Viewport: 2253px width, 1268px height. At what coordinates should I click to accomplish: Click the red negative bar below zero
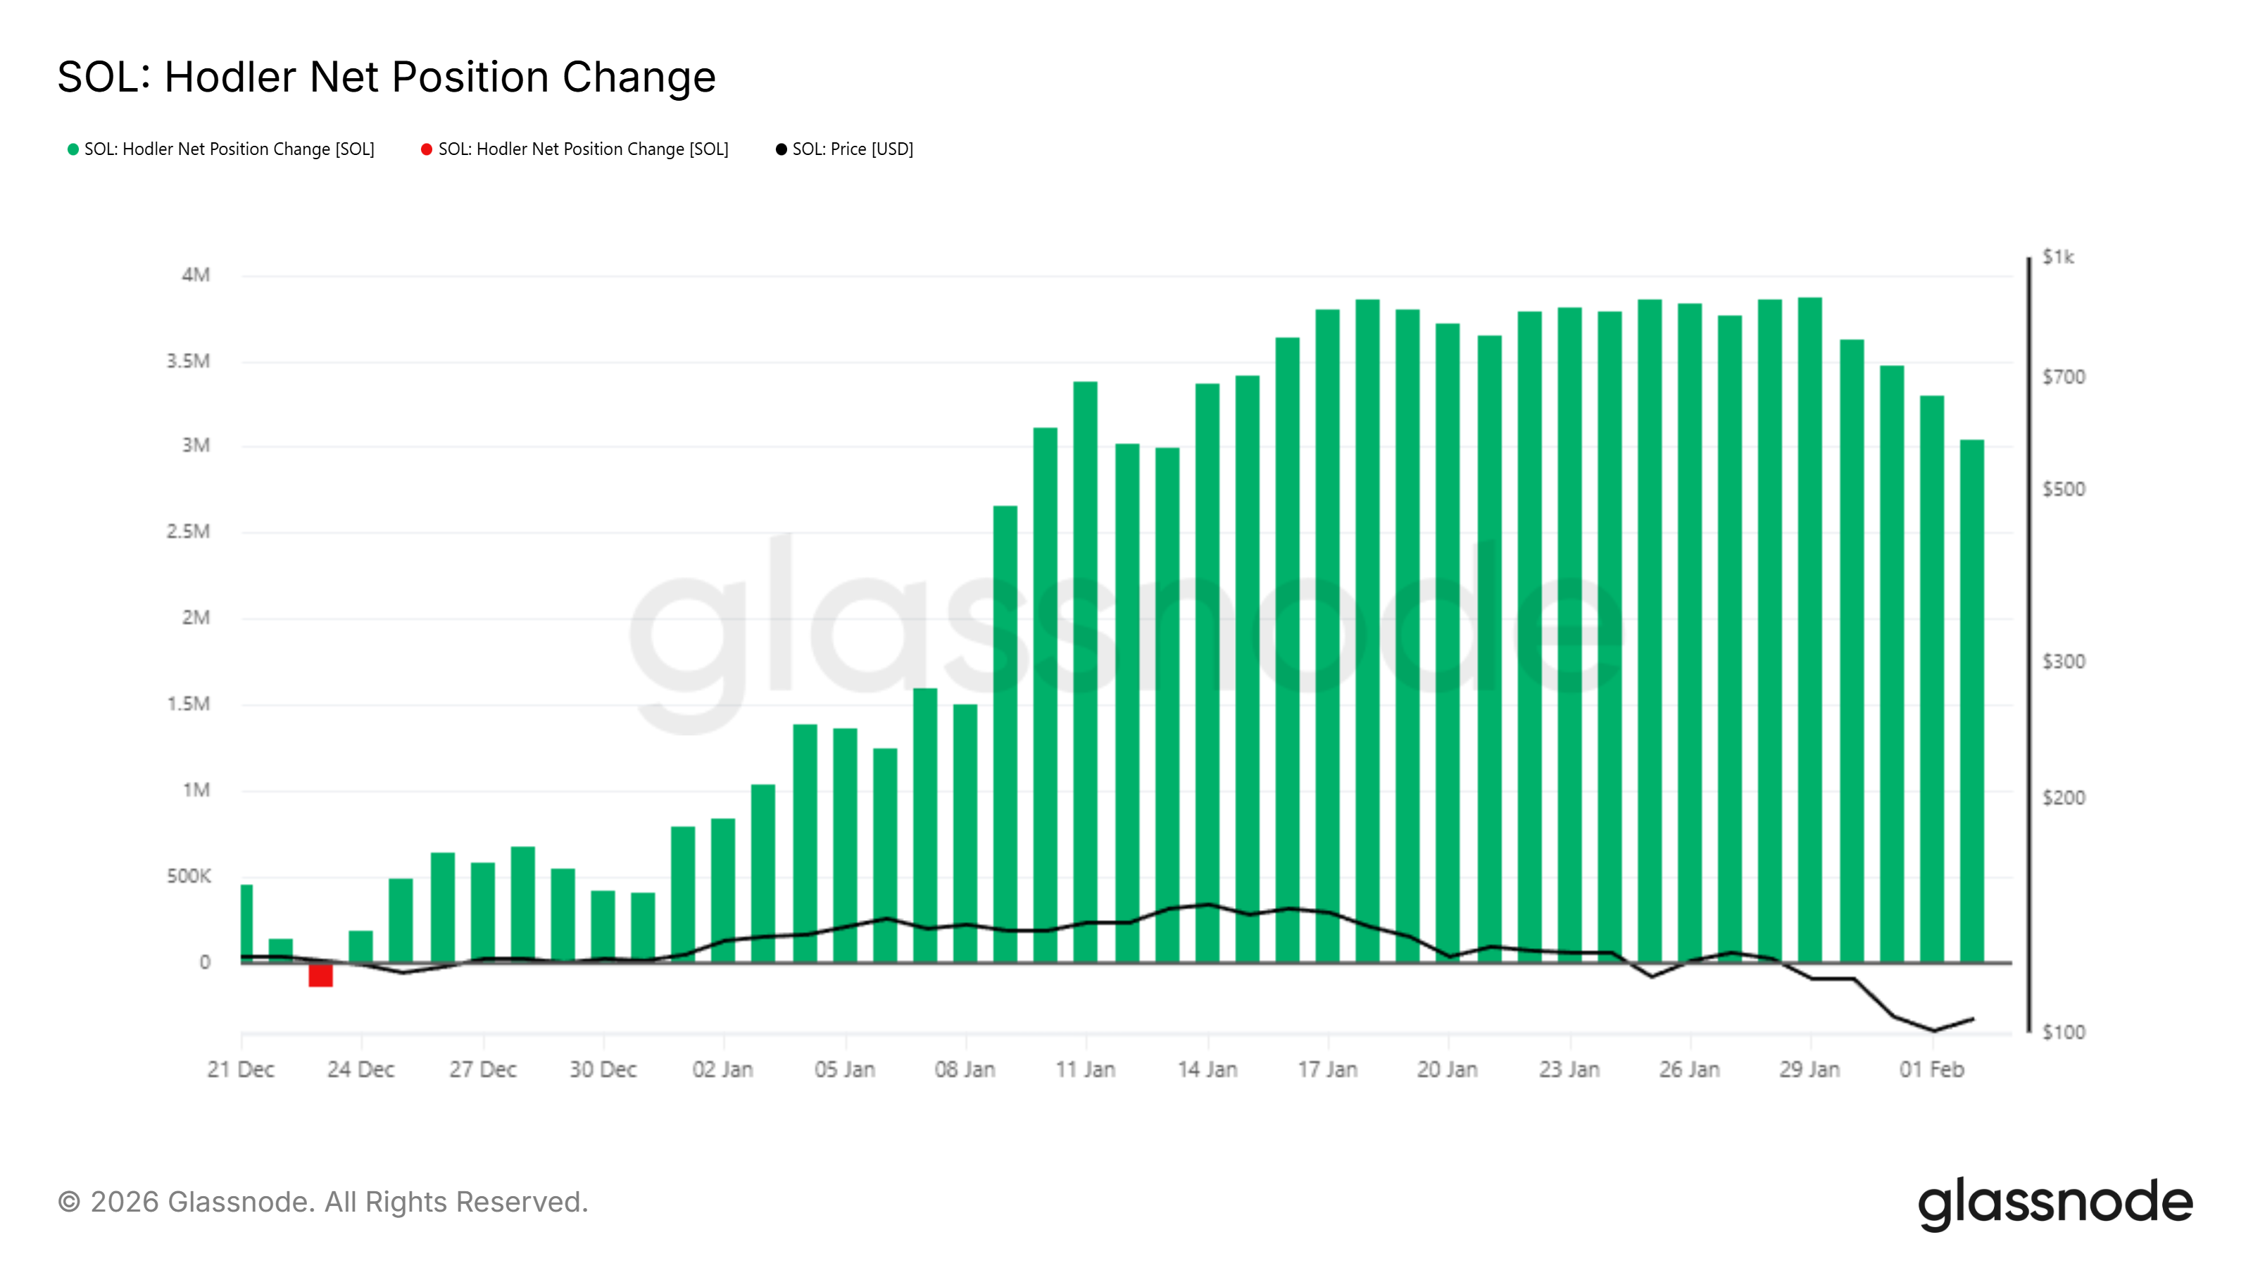click(320, 975)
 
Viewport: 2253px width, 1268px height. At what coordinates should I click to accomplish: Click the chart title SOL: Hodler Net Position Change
click(387, 77)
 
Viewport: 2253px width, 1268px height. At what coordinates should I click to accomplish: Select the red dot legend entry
click(575, 149)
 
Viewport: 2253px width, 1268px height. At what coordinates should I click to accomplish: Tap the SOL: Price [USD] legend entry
click(844, 149)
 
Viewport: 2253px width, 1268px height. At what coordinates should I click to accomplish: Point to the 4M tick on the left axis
click(196, 275)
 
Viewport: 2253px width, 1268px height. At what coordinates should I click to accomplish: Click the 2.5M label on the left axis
click(189, 532)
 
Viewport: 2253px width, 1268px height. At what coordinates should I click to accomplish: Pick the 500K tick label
click(189, 876)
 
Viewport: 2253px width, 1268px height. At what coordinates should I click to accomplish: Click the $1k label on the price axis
click(2058, 257)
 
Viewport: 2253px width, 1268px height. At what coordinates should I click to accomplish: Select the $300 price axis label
click(2063, 661)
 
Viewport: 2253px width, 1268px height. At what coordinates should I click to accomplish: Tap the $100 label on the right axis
click(2063, 1033)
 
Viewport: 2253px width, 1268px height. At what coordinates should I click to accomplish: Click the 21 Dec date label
click(241, 1069)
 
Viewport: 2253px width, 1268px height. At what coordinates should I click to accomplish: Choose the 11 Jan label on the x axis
click(1086, 1069)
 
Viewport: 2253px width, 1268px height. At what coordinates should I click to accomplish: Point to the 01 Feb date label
click(1931, 1069)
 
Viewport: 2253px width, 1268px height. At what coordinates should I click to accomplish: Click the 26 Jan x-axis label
click(1689, 1069)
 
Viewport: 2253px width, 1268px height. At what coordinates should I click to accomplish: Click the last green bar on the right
click(1971, 700)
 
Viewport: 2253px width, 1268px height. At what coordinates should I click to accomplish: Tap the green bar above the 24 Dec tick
click(360, 947)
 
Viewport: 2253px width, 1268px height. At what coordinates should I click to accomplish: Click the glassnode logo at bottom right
click(2055, 1203)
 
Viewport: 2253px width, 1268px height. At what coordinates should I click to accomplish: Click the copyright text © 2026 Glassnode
click(322, 1202)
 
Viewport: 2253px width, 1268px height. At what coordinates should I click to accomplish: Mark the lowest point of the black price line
click(1933, 1031)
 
